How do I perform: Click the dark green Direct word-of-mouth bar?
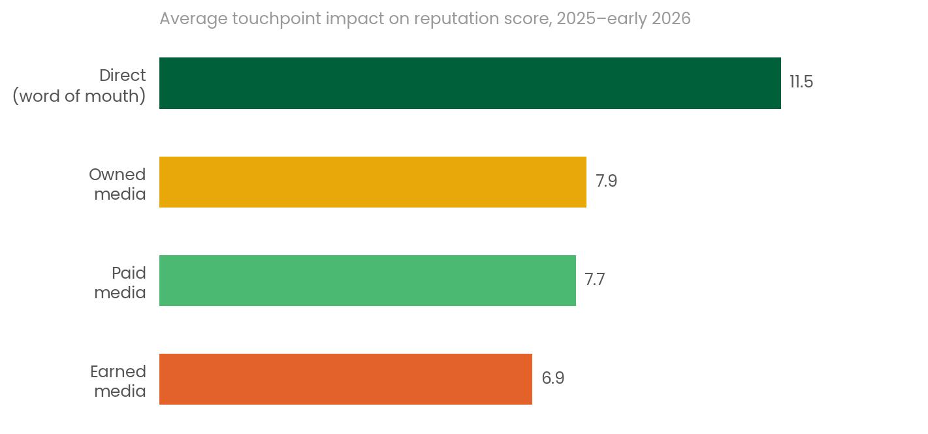click(x=470, y=83)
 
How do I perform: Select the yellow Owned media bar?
click(x=372, y=182)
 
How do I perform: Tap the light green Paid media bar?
click(x=367, y=281)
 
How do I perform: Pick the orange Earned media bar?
click(x=345, y=379)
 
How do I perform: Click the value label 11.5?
click(x=801, y=82)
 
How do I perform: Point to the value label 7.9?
click(x=606, y=181)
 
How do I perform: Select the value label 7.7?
click(x=594, y=280)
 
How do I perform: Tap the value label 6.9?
click(x=552, y=379)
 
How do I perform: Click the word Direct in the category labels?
click(x=122, y=76)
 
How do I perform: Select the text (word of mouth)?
click(x=79, y=96)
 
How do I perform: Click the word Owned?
click(x=117, y=175)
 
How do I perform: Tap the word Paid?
click(x=129, y=273)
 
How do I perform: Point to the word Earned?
click(x=118, y=372)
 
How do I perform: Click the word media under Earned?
click(x=120, y=392)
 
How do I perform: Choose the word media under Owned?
click(x=120, y=194)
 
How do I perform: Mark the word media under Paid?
click(x=120, y=293)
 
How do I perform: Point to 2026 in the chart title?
click(x=671, y=19)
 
